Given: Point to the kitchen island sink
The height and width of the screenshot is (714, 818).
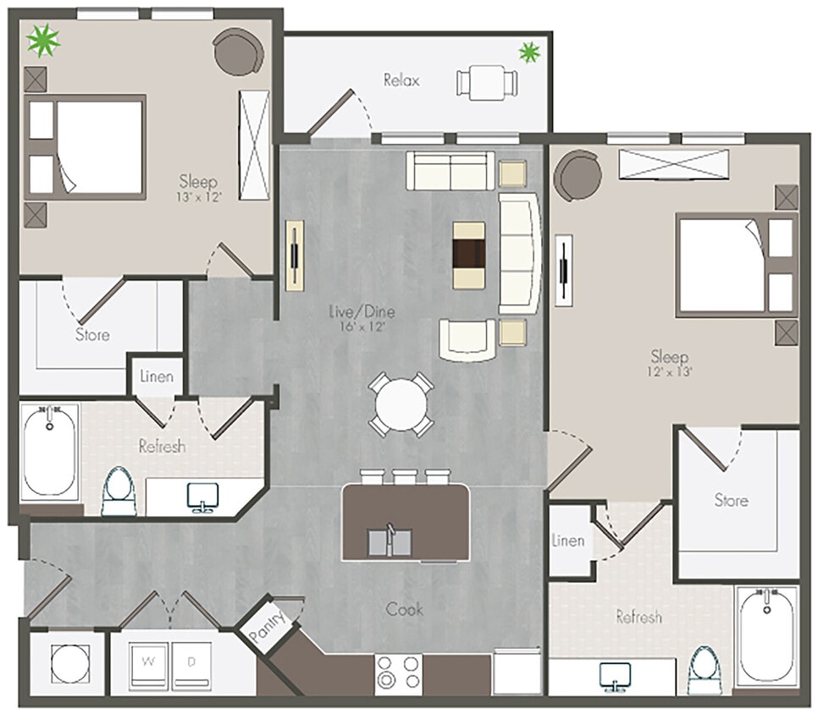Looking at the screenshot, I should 390,540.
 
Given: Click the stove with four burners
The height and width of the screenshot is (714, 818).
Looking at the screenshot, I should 399,673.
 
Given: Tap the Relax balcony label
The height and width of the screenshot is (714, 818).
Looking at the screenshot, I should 401,81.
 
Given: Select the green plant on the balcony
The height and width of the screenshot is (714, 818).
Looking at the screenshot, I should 529,52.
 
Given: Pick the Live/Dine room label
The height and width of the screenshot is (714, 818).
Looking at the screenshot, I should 362,312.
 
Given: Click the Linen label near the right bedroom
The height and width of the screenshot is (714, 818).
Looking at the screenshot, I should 567,541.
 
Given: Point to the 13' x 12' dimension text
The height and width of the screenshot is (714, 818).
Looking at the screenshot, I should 198,197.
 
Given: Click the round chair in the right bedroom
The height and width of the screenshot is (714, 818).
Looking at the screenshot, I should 578,175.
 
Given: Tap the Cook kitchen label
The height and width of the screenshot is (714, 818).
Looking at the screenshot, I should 404,609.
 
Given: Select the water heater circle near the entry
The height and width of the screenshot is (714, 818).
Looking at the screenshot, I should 64,662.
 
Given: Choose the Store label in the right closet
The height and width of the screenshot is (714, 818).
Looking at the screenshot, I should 731,500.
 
